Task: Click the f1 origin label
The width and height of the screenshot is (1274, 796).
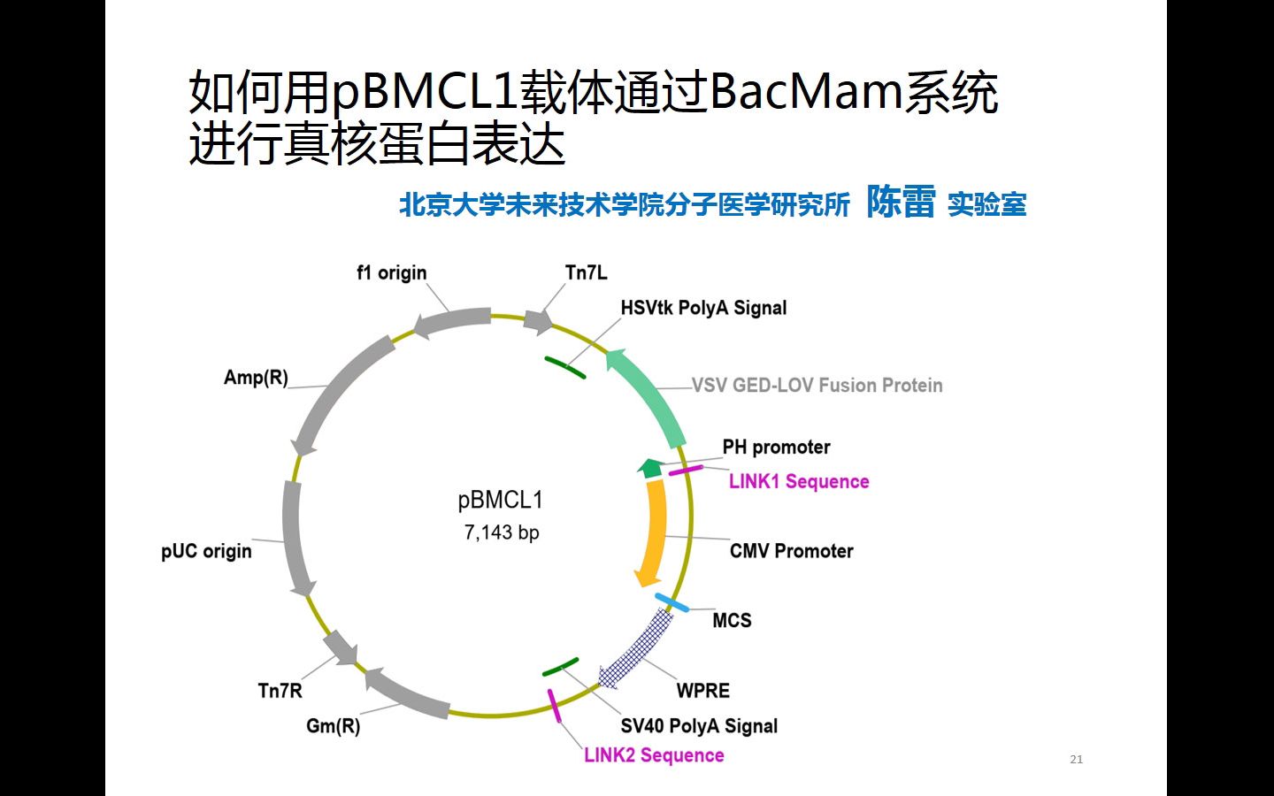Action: (x=391, y=273)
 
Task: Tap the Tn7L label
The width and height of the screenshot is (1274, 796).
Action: (x=586, y=273)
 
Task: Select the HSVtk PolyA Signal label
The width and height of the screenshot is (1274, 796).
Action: (x=703, y=309)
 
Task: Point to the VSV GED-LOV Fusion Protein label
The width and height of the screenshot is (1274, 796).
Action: (x=817, y=386)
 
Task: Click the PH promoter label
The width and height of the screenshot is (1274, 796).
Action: (x=776, y=448)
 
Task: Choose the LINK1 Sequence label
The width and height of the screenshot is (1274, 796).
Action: (x=799, y=482)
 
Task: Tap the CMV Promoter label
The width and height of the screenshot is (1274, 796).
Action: (x=791, y=551)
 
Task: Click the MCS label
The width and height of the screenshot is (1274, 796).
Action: (x=732, y=621)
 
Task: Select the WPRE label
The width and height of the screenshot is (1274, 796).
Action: (x=703, y=691)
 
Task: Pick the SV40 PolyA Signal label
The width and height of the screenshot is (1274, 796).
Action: (x=699, y=726)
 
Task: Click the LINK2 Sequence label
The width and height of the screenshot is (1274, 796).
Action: (x=654, y=755)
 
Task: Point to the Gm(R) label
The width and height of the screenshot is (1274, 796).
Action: (x=333, y=726)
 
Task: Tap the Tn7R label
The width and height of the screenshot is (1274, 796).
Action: (x=280, y=691)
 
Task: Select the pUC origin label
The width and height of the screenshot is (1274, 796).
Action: (x=206, y=551)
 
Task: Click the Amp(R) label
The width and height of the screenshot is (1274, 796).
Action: (x=256, y=378)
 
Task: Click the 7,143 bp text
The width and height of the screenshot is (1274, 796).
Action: (x=502, y=532)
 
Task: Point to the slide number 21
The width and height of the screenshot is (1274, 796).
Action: (x=1076, y=759)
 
